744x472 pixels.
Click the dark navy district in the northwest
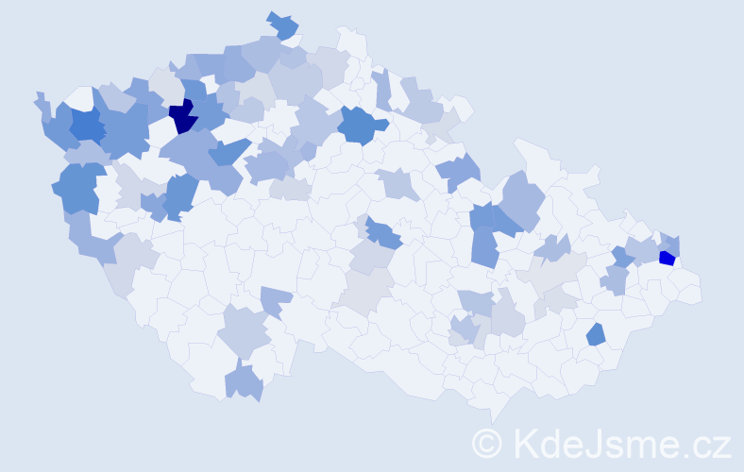(x=182, y=118)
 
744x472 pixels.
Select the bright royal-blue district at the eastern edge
(x=667, y=258)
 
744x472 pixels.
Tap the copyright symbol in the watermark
(x=487, y=443)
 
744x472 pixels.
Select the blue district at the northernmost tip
(x=282, y=25)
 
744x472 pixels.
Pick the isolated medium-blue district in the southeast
(x=596, y=334)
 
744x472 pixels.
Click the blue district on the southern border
(x=244, y=382)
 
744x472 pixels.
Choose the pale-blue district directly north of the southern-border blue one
(x=245, y=332)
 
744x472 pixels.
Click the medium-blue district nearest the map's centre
(x=383, y=232)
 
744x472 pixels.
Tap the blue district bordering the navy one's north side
(x=193, y=92)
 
